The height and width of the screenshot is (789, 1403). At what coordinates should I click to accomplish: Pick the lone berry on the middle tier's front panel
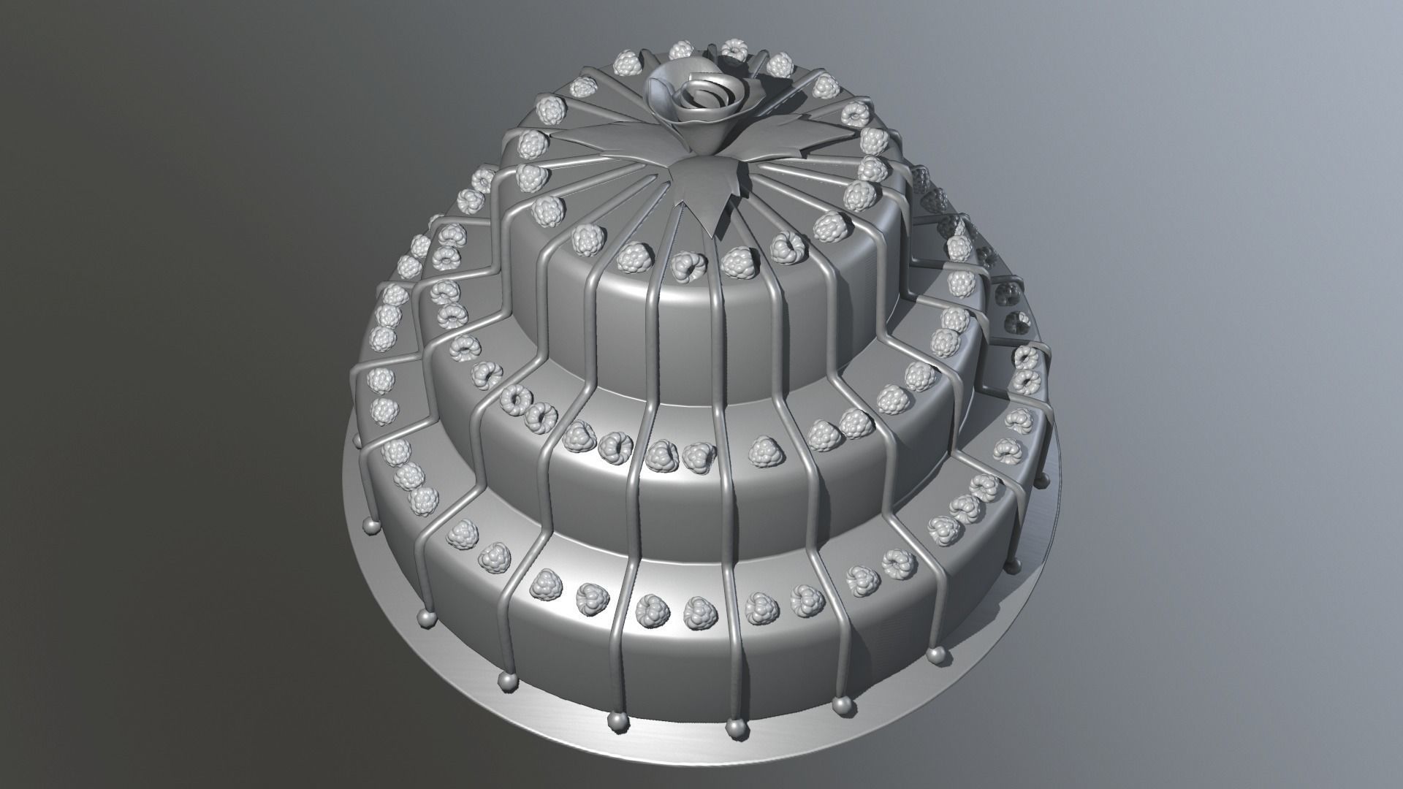click(762, 451)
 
